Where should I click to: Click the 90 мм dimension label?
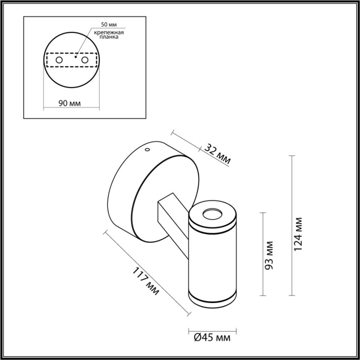[69, 103]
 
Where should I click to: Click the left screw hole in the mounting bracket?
[59, 61]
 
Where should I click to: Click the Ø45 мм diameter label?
[212, 338]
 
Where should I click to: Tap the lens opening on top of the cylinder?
[212, 213]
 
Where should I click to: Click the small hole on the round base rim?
[147, 150]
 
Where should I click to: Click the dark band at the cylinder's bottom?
[212, 297]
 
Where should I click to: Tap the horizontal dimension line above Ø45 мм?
[212, 330]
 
